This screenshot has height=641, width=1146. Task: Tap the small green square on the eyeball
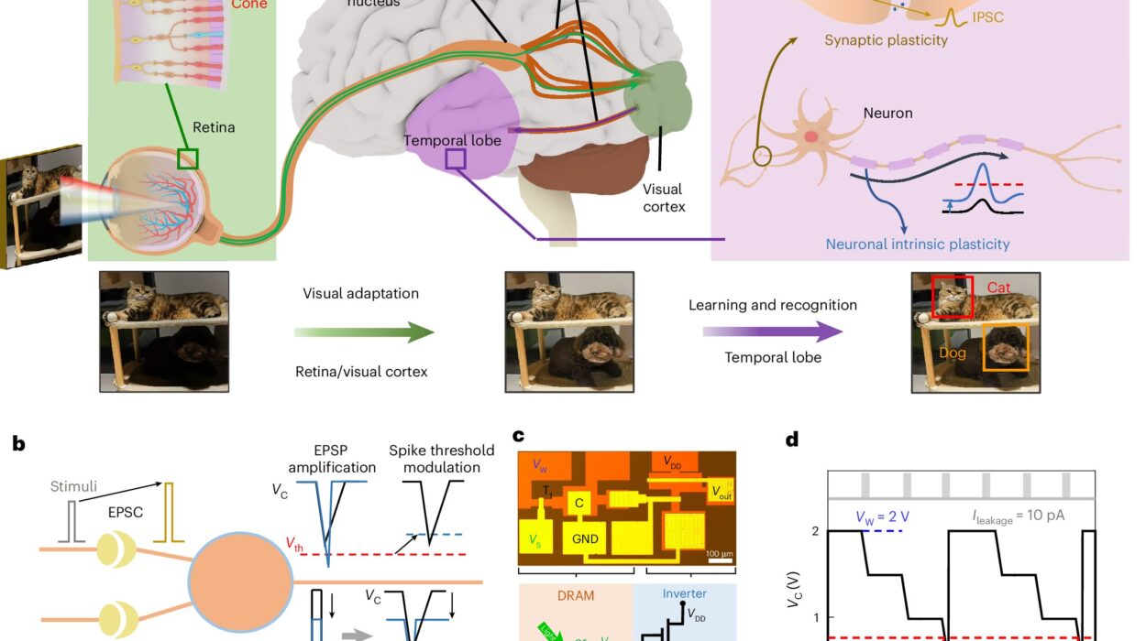188,159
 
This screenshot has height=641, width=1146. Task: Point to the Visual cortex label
662,198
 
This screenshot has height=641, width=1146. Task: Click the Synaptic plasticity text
886,40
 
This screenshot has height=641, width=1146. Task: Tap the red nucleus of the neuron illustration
811,137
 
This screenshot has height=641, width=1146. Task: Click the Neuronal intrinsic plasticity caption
918,244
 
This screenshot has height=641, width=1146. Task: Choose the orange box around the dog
1005,347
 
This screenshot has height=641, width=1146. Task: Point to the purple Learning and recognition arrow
773,331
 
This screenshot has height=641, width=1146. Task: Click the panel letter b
19,444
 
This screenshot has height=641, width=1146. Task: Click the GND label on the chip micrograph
585,538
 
